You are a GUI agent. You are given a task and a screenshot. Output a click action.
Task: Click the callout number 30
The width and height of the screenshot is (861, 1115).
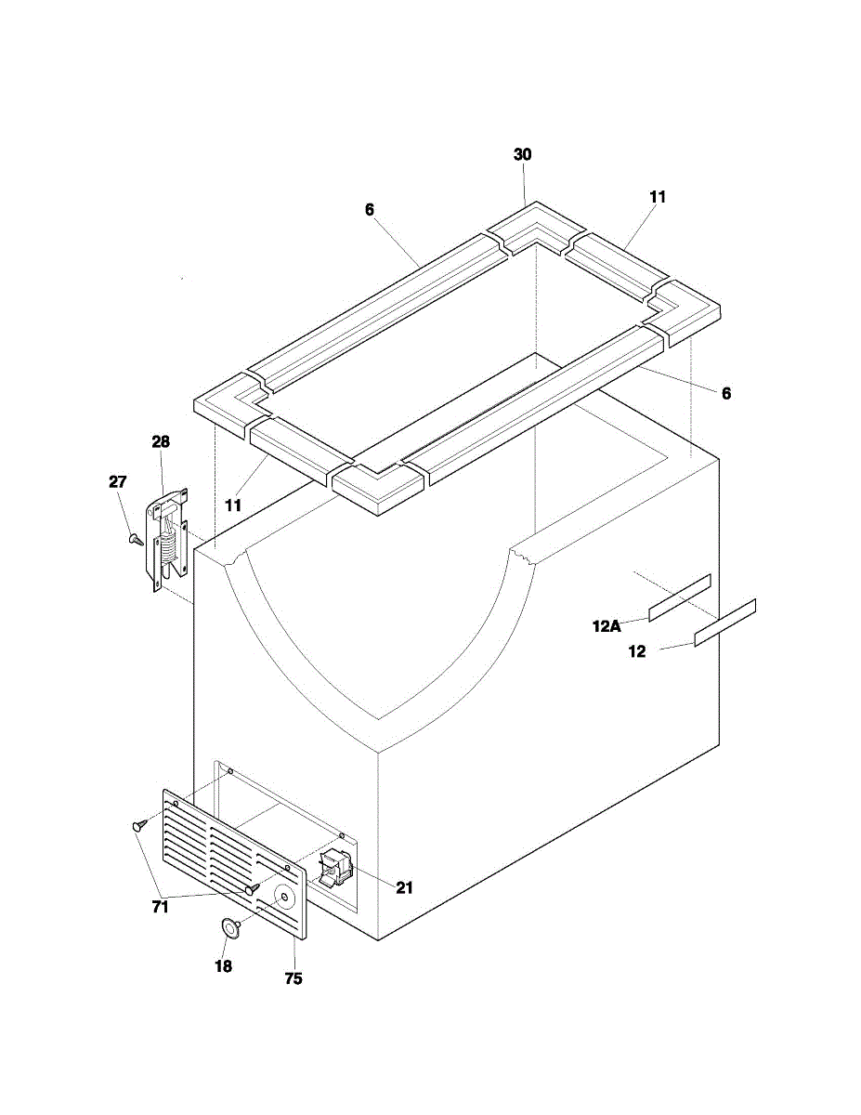(523, 154)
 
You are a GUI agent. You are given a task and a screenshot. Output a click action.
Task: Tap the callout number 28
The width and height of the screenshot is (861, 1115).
(161, 441)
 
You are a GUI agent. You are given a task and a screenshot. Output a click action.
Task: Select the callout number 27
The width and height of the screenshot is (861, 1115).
(117, 482)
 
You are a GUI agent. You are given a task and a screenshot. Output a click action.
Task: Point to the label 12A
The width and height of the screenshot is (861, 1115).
(607, 626)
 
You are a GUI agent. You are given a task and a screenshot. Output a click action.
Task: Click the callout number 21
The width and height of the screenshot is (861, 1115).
(404, 887)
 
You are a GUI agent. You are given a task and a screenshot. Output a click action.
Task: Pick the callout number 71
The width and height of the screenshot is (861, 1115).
(161, 907)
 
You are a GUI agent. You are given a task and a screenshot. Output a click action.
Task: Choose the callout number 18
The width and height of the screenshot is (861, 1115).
(223, 966)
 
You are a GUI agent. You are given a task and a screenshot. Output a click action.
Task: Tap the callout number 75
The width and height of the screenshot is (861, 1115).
(294, 978)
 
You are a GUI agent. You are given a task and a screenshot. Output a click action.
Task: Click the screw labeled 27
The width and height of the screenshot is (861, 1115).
(136, 539)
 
